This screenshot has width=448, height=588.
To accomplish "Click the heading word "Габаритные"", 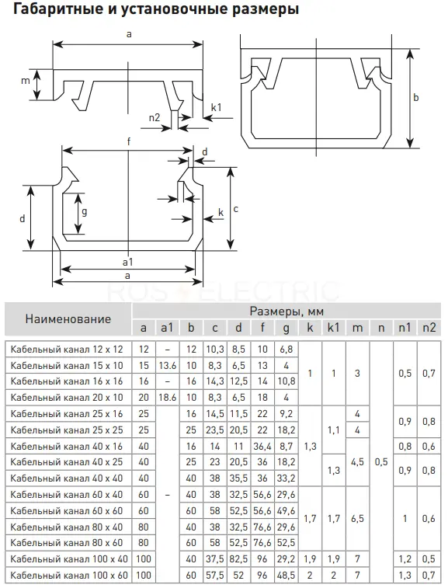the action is tap(58, 9).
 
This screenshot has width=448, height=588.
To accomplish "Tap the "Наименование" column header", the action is tap(68, 319).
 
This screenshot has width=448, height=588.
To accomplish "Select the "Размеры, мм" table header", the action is tap(287, 311).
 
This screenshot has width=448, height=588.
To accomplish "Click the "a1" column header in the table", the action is tap(167, 328).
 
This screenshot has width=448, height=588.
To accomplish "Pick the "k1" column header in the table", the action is tap(333, 328).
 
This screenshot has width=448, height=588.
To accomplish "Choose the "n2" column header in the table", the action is tap(429, 328).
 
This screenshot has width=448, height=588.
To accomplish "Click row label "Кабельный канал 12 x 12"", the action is tap(67, 350).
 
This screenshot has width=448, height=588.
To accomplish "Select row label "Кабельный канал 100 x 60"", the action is tap(69, 576).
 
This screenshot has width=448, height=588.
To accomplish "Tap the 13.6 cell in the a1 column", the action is tap(167, 366).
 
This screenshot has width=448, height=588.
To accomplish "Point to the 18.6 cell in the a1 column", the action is tap(167, 398).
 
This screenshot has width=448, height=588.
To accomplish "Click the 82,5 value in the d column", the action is tap(238, 559).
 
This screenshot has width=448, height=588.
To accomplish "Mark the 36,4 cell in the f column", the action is tap(262, 447).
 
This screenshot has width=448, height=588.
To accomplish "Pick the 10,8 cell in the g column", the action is tap(287, 381).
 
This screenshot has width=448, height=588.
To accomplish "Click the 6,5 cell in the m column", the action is tap(357, 519).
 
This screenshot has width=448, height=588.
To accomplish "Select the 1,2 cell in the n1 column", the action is tap(405, 559).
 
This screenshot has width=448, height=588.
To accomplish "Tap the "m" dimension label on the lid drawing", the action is tap(25, 81).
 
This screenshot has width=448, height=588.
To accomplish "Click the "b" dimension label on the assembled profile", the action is tap(415, 98).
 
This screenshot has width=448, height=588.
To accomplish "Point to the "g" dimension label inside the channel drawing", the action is tap(85, 212).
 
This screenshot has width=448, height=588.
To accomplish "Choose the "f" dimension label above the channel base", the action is tap(129, 141).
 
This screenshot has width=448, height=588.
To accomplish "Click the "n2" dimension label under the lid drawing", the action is tap(154, 118).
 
